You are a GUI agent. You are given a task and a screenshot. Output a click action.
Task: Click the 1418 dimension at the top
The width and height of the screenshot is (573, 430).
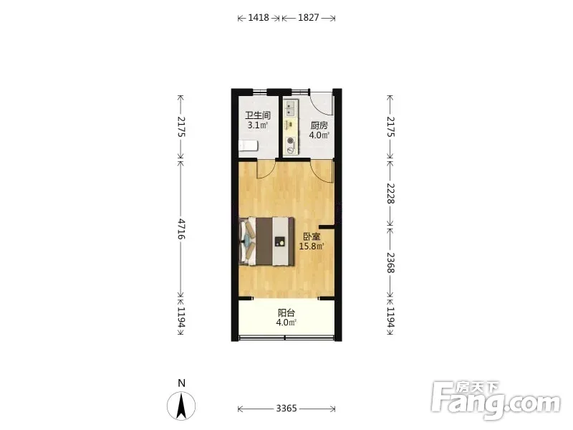coord(259,17)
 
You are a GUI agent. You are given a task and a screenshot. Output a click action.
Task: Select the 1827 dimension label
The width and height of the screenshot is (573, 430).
coord(309,17)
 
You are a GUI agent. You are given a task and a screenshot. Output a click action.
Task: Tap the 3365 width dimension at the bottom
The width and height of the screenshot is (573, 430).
coord(286,408)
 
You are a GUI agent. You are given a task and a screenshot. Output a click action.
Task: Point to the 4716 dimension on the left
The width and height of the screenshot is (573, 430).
coord(181,229)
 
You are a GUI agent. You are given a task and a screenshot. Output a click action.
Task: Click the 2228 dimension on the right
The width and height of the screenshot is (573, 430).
coord(390,193)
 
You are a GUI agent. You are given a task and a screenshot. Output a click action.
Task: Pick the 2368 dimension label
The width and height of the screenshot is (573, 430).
coord(390,263)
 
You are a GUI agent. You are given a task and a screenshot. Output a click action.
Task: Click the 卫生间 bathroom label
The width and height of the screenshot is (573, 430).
coord(258,115)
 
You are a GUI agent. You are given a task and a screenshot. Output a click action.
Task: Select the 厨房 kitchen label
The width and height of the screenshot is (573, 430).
coord(319,125)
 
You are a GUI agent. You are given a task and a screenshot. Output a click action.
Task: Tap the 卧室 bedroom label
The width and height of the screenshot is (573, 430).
coord(312,237)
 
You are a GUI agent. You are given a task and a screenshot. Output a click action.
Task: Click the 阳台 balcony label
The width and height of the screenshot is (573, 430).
coord(286,313)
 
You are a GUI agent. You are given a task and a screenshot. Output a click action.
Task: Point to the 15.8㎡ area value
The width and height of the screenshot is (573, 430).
coord(312,247)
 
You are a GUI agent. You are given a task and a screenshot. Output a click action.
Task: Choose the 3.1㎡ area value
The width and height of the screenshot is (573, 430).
coord(258,125)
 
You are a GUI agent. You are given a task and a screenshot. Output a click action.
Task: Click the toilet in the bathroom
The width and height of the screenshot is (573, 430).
coord(249,145)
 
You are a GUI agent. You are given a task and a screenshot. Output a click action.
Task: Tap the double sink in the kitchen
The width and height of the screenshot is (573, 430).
coord(290,107)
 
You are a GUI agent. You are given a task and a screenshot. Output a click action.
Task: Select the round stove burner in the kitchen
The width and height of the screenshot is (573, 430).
coord(291,140)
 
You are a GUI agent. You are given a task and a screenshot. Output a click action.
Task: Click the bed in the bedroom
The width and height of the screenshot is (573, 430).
coord(267,241)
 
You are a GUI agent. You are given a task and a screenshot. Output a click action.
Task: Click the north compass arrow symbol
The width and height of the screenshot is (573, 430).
coord(181,406)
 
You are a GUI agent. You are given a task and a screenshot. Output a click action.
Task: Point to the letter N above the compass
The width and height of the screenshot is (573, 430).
coord(181,383)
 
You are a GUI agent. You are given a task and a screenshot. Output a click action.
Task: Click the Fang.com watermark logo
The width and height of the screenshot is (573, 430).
coord(496,400)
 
